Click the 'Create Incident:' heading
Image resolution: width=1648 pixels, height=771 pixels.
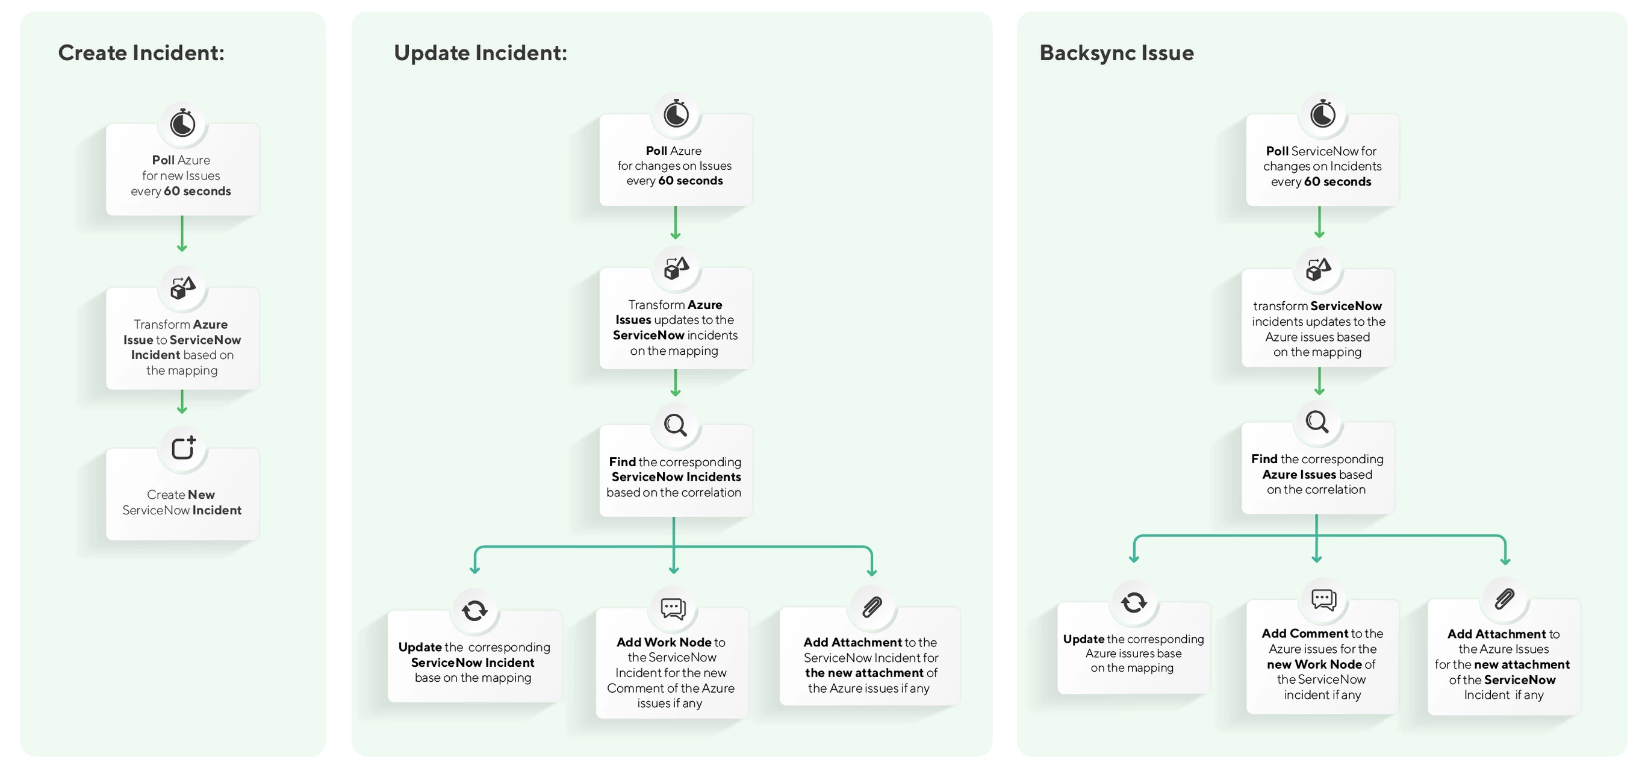point(141,52)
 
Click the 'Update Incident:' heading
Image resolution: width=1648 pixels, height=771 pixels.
point(480,52)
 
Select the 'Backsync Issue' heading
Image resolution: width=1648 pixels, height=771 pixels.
point(1116,52)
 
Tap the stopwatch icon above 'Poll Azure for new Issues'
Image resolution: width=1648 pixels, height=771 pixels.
point(182,123)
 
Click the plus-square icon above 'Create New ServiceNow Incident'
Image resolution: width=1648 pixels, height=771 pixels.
point(183,448)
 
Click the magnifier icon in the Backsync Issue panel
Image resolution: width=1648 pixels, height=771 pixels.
point(1317,422)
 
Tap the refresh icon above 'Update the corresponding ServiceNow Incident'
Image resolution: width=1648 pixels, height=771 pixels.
point(474,610)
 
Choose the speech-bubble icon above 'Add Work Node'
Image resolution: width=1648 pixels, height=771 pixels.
point(673,608)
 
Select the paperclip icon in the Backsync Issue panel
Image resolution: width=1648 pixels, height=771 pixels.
point(1504,599)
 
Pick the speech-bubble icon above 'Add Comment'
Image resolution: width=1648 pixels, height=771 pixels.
point(1323,599)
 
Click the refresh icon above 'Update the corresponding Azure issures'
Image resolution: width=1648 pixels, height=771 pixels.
point(1134,602)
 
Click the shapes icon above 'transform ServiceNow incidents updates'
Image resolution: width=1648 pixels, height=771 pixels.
point(1319,269)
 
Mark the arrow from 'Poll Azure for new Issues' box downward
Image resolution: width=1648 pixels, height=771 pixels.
point(182,234)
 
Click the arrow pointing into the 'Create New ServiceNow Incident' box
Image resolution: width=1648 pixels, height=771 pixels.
point(182,402)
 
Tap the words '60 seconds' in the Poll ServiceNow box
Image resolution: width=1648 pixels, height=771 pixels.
point(1337,182)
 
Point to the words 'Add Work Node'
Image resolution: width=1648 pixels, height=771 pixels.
point(664,641)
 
